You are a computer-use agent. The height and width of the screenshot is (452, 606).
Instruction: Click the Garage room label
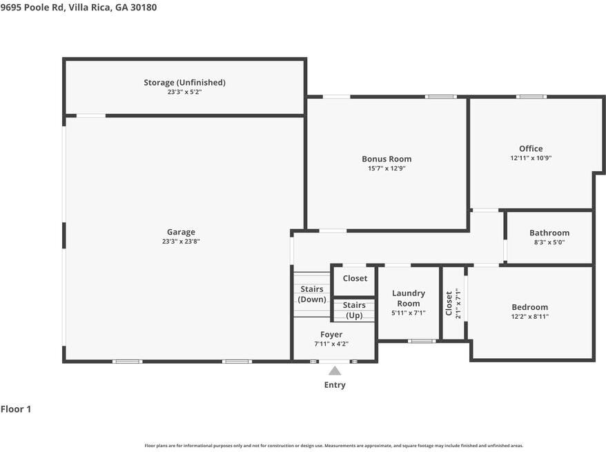[x=181, y=232]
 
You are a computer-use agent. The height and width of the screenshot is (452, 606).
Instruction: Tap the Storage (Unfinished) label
[x=184, y=82]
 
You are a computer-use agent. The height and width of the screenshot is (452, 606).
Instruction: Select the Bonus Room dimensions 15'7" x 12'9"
[x=387, y=168]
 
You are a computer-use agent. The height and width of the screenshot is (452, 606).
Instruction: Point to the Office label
[x=531, y=148]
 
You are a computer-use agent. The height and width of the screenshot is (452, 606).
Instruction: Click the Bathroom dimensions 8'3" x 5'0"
[x=549, y=242]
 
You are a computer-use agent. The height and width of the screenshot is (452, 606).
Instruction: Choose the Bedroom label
[x=529, y=307]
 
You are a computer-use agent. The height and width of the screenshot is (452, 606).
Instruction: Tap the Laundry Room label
[x=409, y=298]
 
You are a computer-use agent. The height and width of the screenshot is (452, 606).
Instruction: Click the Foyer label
[x=331, y=335]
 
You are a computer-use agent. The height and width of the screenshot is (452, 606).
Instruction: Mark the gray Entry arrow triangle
[x=335, y=371]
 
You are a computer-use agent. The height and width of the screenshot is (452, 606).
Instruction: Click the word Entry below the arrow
[x=335, y=385]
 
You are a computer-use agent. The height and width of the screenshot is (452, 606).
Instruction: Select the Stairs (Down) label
[x=312, y=294]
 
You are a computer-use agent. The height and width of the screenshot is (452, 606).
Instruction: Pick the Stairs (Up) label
[x=354, y=310]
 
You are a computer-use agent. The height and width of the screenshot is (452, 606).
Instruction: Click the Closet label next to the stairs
[x=355, y=278]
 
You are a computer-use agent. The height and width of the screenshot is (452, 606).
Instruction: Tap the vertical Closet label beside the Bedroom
[x=449, y=303]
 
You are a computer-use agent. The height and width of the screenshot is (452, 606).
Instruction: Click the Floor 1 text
[x=16, y=409]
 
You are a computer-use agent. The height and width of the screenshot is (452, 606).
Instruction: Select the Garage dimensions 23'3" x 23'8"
[x=181, y=242]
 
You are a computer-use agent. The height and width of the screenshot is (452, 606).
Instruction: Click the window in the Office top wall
[x=531, y=97]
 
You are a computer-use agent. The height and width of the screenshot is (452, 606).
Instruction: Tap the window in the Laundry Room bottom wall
[x=422, y=341]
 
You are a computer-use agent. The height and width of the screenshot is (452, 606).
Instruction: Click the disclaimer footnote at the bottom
[x=334, y=446]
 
